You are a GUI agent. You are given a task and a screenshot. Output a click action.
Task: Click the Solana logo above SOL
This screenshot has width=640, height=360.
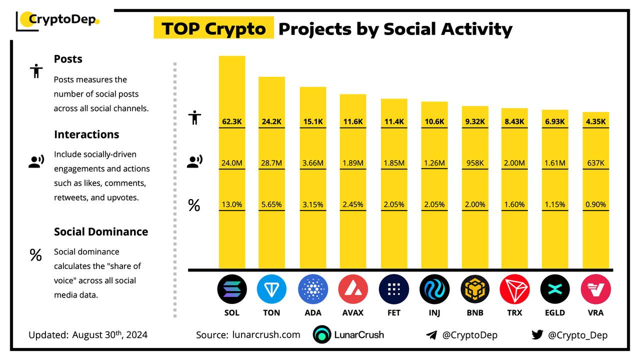click(x=232, y=289)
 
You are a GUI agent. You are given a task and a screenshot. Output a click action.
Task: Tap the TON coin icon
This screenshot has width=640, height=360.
click(x=271, y=289)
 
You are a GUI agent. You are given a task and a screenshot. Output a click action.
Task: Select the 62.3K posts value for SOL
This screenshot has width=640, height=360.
click(x=231, y=121)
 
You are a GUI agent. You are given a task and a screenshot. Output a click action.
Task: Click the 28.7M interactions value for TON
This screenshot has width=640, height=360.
click(x=271, y=162)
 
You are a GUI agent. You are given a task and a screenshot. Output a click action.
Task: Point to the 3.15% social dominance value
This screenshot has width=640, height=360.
click(x=312, y=204)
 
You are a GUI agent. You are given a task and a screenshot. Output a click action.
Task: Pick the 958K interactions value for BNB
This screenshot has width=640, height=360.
click(x=474, y=162)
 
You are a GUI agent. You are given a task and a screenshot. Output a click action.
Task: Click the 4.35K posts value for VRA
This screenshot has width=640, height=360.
click(x=595, y=121)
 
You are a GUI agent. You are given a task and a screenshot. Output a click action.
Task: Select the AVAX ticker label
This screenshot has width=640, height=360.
click(x=353, y=312)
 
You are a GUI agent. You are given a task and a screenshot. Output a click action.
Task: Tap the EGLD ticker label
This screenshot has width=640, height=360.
click(x=555, y=312)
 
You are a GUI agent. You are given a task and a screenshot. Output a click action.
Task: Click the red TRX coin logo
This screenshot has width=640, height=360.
click(x=514, y=289)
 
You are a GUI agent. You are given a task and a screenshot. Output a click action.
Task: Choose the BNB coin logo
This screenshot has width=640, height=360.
click(x=475, y=289)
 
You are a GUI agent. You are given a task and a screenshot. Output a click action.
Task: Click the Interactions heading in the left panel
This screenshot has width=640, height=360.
click(x=86, y=134)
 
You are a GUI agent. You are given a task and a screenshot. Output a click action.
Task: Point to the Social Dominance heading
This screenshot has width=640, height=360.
click(x=101, y=231)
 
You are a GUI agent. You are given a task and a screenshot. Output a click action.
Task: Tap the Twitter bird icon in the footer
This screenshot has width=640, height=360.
click(x=537, y=335)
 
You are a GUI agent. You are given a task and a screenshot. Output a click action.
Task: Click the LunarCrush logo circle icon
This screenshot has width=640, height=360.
click(x=322, y=335)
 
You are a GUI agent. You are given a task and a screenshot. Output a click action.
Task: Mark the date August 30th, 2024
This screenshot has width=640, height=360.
click(x=109, y=334)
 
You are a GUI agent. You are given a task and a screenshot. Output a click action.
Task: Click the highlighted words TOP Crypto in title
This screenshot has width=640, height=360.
click(x=213, y=28)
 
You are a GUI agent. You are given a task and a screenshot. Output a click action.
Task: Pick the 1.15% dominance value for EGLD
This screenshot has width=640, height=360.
click(x=555, y=204)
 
